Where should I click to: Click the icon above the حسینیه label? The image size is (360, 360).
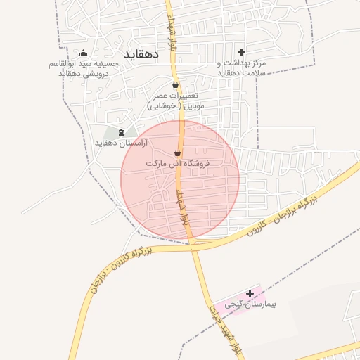coord(84,53)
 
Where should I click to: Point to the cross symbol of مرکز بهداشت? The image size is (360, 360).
coord(242,52)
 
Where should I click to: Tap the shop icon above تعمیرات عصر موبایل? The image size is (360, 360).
coord(175,84)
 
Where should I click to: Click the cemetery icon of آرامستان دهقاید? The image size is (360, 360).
coord(120,132)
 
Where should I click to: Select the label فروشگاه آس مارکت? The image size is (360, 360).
coord(179,163)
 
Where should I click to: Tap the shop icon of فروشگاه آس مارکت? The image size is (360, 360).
coord(177,153)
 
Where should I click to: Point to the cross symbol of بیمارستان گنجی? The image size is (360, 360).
coord(250,293)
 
